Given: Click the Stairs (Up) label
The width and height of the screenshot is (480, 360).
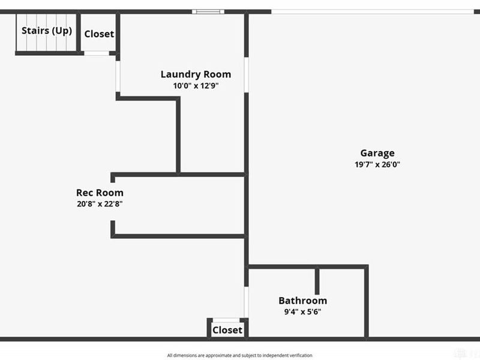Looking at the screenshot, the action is tap(47, 31).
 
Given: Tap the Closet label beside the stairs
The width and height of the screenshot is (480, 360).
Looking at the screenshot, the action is tap(99, 34).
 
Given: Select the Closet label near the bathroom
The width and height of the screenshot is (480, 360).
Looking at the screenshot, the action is tap(227, 330).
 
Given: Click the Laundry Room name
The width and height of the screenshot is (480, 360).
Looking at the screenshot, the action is tap(196, 74).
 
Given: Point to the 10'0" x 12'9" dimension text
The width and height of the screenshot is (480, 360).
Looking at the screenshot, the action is tap(196, 86).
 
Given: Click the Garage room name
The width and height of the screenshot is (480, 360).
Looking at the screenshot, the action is tap(377, 153).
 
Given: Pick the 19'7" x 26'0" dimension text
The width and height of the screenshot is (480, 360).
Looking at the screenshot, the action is tap(377, 164).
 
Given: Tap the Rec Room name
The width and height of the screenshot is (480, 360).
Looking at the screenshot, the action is tap(100, 193).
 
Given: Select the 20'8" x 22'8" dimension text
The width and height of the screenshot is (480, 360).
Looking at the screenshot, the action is tap(100, 204).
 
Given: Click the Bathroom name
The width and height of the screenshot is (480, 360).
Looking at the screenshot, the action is tap(303, 301).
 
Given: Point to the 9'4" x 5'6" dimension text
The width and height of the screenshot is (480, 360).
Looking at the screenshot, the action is tap(303, 312).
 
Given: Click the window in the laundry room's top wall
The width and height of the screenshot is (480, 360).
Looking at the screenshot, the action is tap(208, 12).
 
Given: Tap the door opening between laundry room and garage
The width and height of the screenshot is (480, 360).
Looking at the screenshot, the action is tap(246, 75).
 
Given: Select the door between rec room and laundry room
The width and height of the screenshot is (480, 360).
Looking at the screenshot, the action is tap(118, 77).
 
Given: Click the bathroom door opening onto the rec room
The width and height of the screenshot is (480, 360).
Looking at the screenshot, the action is tap(246, 302).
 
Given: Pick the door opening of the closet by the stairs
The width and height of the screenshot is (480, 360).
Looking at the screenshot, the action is tap(97, 53).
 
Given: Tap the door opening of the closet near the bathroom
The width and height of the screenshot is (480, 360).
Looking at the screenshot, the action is tap(226, 320).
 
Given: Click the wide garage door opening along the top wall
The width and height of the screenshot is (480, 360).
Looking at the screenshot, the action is tap(373, 12).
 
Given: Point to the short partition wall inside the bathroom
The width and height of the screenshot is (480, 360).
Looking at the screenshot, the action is tap(317, 281).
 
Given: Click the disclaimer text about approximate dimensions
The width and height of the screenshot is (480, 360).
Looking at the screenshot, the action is tap(239, 355).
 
